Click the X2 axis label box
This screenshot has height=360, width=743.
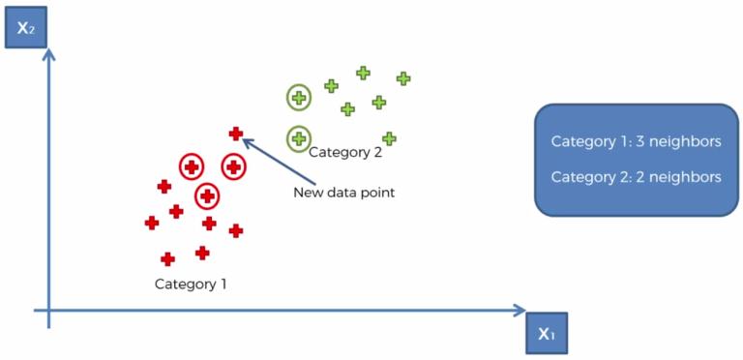[25, 27]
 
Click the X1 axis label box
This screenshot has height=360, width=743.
[547, 333]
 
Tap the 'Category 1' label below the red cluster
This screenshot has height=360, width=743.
[191, 285]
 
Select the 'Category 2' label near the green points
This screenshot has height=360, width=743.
[345, 153]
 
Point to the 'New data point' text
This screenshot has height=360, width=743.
[344, 193]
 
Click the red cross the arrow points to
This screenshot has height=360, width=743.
[235, 135]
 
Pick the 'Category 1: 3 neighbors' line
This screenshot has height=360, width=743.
[637, 141]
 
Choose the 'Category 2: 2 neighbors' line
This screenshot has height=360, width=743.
[637, 177]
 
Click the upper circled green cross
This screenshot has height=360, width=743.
[299, 98]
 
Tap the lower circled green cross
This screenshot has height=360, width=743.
[299, 138]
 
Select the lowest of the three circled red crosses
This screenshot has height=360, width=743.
[207, 195]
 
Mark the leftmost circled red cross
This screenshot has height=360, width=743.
[192, 166]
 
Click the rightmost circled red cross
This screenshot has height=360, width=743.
[233, 166]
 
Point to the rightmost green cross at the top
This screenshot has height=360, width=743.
[403, 78]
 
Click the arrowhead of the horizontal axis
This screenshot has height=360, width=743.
[520, 311]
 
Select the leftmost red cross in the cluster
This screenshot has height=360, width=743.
[152, 223]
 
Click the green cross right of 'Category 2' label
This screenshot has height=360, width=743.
[389, 138]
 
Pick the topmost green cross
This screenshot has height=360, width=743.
[363, 73]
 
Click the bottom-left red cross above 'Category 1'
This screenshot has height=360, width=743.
[167, 259]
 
